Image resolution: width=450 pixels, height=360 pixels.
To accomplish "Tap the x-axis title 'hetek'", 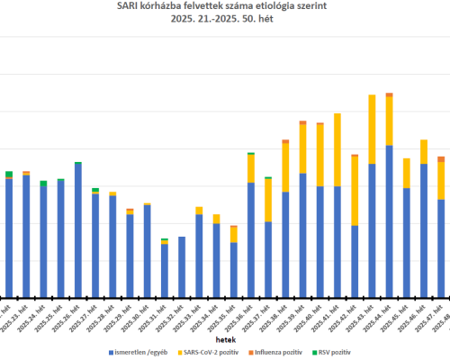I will click(226, 332).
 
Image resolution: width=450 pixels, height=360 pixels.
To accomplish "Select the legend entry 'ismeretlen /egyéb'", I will click(143, 350).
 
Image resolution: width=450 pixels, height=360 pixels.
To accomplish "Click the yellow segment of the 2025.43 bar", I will click(372, 130).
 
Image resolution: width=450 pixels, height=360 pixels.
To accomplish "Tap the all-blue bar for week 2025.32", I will click(182, 266).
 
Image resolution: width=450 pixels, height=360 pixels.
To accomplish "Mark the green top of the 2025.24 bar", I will click(43, 184).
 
